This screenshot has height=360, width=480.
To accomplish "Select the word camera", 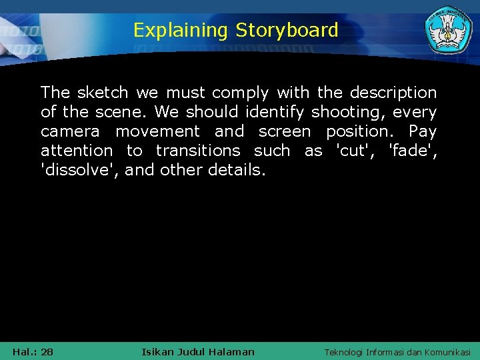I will (x=70, y=131).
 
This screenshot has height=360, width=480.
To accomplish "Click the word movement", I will (x=157, y=131).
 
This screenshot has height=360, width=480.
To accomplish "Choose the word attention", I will (x=77, y=151).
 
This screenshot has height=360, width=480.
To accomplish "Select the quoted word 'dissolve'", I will (x=80, y=170).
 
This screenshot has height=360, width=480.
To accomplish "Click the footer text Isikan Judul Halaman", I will (x=198, y=351).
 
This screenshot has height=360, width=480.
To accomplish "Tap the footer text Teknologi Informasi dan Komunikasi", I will (x=397, y=352).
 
